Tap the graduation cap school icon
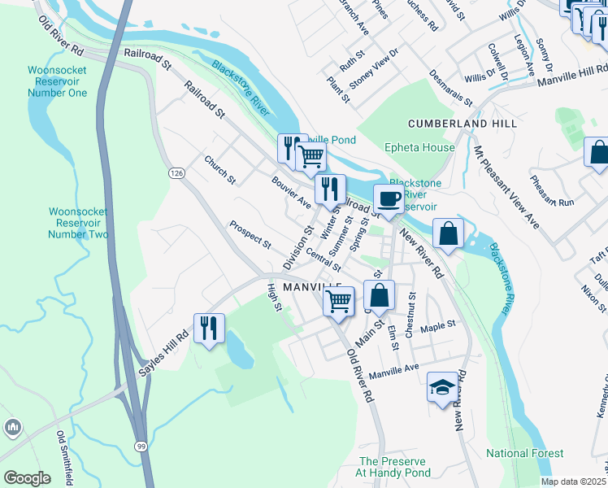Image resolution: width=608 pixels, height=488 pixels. click(x=441, y=387)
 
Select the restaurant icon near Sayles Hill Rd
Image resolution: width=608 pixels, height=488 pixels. click(x=209, y=329)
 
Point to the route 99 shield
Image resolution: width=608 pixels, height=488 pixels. click(x=141, y=447)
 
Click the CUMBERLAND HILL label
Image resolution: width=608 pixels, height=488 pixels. click(x=463, y=124)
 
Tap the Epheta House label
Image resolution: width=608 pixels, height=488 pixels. click(x=419, y=148)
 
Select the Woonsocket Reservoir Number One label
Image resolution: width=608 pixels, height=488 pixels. click(x=56, y=82)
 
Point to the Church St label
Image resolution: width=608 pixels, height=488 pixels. click(x=219, y=169)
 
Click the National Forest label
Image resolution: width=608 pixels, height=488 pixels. click(x=519, y=452)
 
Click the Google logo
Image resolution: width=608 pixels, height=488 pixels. click(x=27, y=478)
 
